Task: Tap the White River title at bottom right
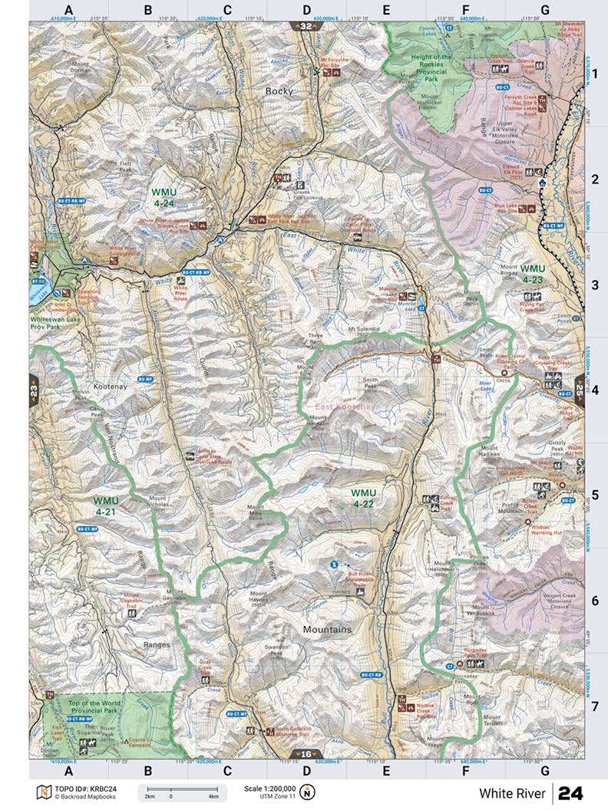(x=512, y=792)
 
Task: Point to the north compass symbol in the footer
(x=307, y=792)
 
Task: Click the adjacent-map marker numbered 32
(x=306, y=26)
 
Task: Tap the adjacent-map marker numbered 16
(x=306, y=754)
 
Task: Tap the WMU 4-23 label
(x=532, y=274)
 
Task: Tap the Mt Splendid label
(x=364, y=329)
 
